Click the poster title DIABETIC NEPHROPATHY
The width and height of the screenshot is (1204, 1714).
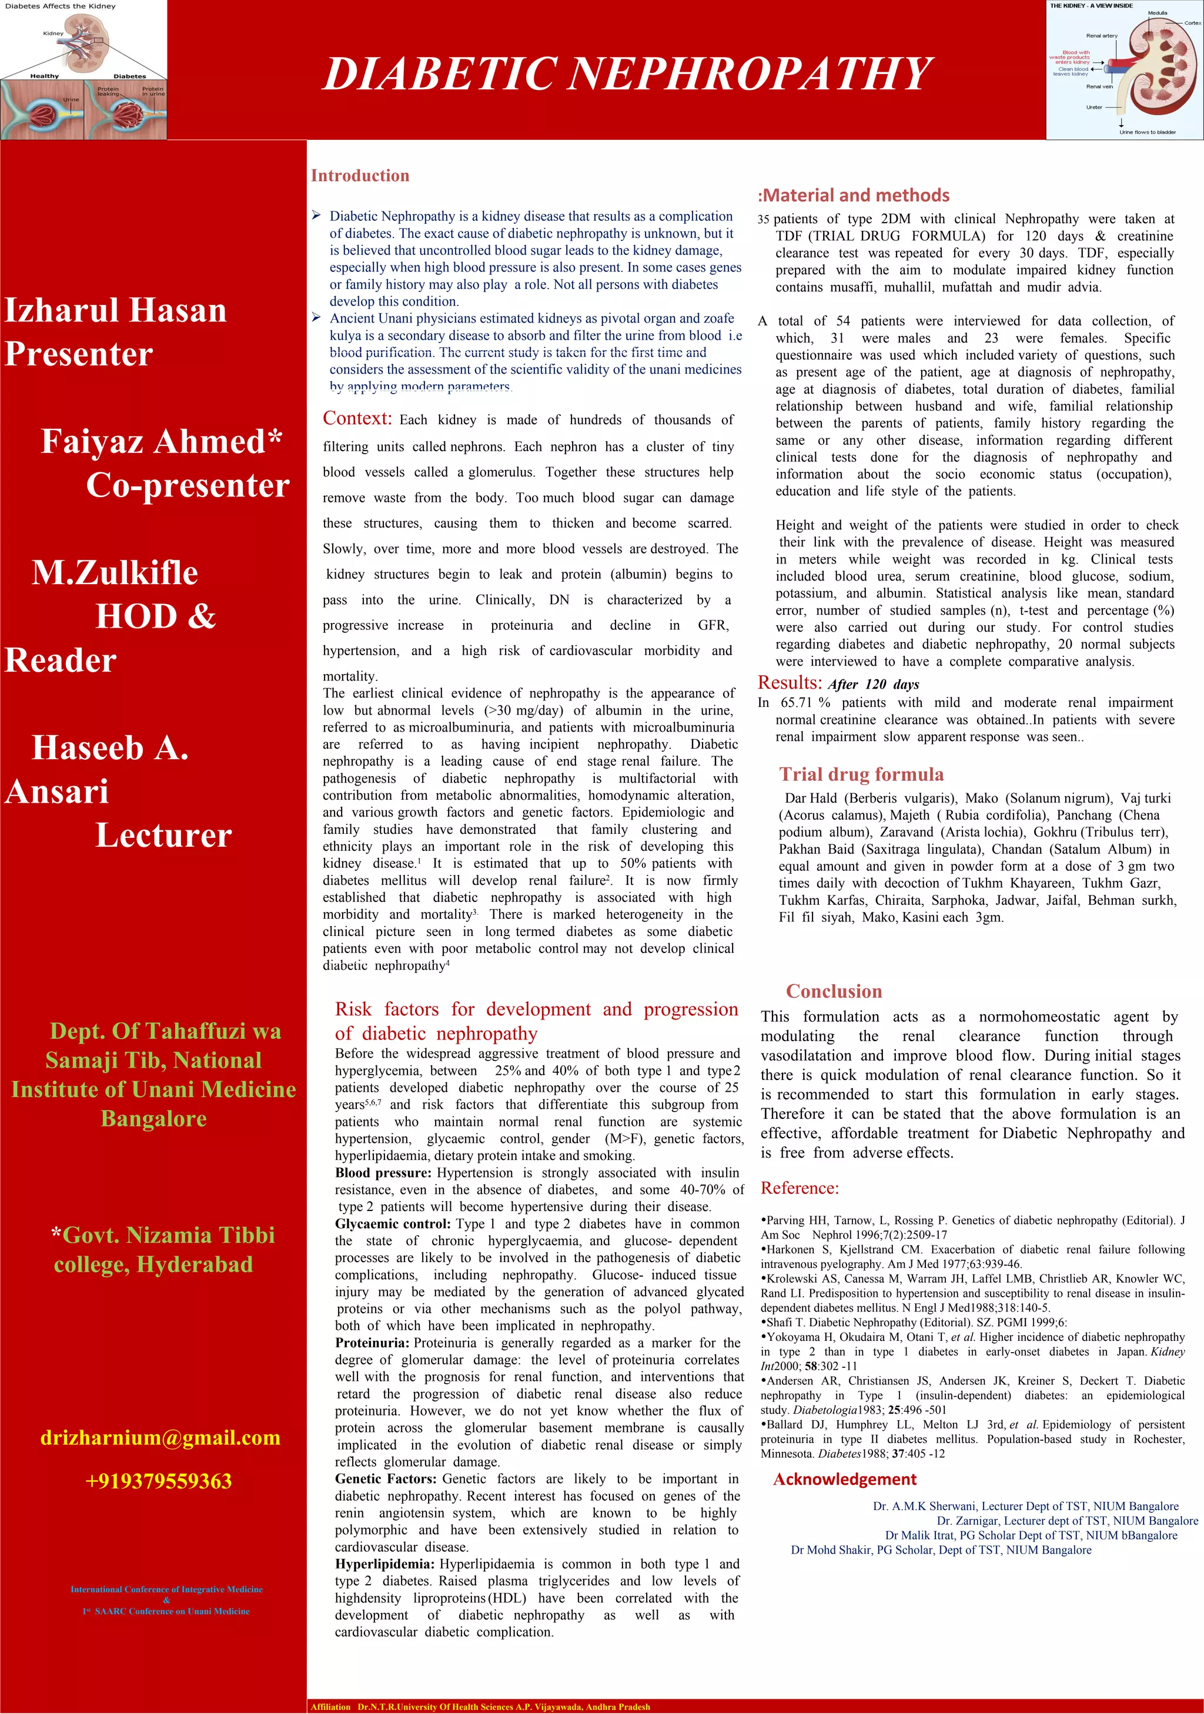626,74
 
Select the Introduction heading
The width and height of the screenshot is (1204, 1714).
360,176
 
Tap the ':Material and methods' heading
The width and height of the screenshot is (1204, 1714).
853,195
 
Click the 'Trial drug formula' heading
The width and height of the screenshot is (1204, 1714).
861,773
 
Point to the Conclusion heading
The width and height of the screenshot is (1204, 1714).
834,991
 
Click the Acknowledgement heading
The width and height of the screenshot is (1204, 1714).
844,1479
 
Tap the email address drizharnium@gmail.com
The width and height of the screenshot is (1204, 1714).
160,1437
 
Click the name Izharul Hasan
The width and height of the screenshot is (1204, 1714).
116,310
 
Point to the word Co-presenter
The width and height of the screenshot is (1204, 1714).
188,485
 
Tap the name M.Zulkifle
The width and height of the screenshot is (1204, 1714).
115,572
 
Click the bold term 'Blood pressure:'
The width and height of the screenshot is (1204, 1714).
382,1173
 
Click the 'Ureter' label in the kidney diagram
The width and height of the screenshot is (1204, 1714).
1093,108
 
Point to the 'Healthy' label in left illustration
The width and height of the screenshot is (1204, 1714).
44,76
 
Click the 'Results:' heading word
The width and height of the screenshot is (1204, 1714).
790,682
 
